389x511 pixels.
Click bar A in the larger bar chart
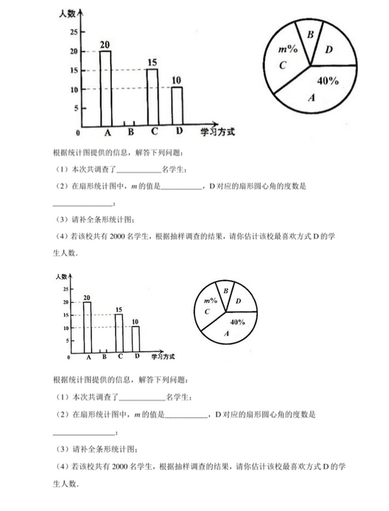106,88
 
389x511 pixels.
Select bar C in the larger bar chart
152,97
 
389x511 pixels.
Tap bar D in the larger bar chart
177,106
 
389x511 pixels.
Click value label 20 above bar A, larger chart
105,46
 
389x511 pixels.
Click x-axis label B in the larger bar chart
130,131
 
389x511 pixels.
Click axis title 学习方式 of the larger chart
217,131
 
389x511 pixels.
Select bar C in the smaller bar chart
119,332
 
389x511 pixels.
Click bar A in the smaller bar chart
87,326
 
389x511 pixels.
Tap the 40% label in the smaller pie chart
237,322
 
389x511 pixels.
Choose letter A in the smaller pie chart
226,333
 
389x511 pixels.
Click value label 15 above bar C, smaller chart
118,309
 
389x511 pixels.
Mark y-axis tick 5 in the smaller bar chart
66,341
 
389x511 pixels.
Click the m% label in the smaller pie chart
210,302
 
